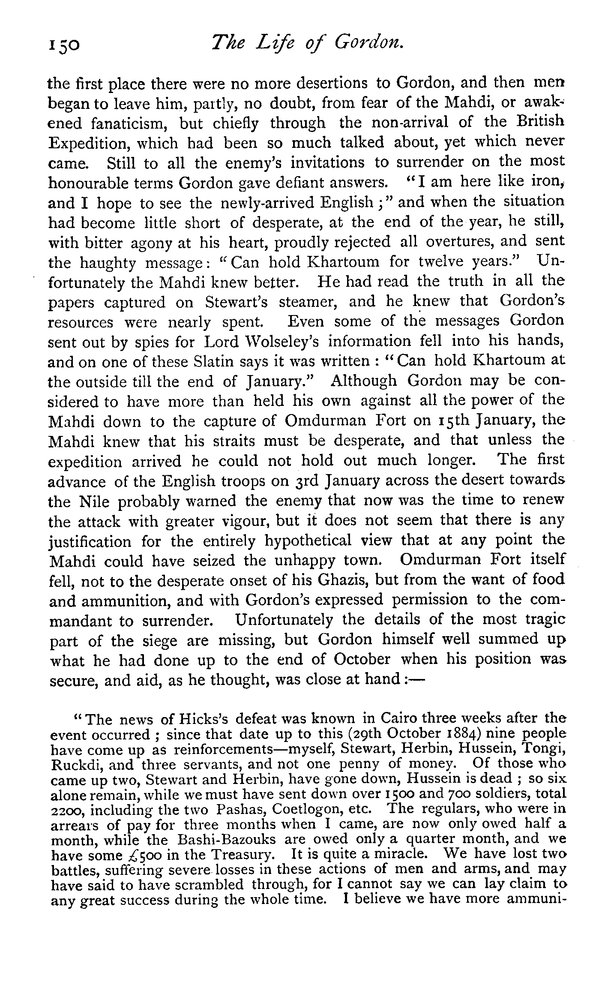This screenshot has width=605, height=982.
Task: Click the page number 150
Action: (64, 45)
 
